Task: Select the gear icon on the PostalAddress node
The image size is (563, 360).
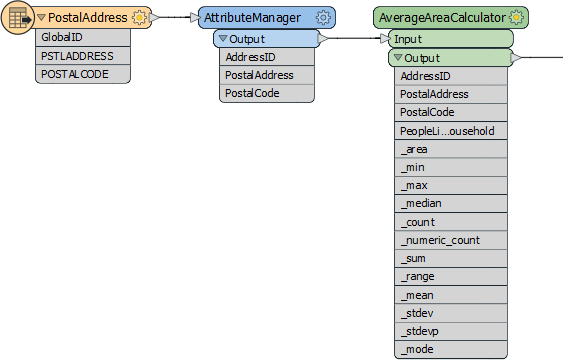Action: point(140,18)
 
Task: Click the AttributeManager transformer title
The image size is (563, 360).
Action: point(254,18)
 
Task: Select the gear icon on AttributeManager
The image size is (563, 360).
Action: point(323,18)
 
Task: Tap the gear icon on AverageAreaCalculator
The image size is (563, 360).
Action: point(516,18)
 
